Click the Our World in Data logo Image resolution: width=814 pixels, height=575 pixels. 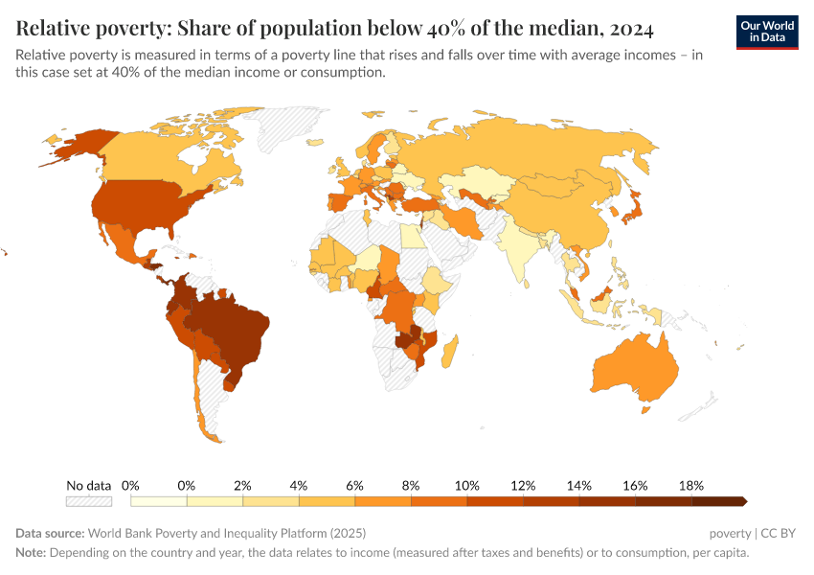(x=767, y=32)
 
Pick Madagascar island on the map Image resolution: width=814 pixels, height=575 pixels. (x=451, y=347)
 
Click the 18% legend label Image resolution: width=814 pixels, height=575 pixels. (x=691, y=485)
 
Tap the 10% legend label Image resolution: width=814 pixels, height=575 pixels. (x=466, y=485)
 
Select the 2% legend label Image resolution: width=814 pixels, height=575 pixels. (x=242, y=485)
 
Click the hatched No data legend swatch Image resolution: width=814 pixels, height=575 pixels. (x=89, y=501)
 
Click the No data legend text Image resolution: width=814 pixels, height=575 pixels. (x=89, y=485)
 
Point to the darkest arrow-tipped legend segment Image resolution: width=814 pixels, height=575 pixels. (x=718, y=501)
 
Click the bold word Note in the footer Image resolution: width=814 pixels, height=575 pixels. (x=30, y=553)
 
